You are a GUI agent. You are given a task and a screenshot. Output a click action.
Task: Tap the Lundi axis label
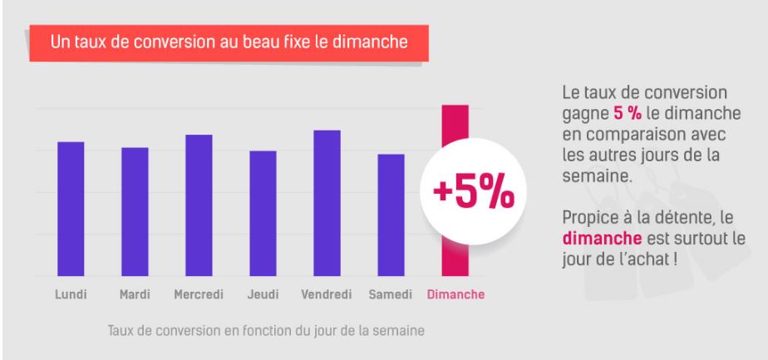pos(71,294)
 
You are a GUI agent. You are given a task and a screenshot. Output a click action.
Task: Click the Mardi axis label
pos(135,294)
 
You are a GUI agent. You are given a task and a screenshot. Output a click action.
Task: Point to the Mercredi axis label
pos(199,294)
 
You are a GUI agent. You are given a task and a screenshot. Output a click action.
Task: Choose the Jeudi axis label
pos(263,294)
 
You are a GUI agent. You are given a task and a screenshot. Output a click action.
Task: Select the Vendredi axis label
pos(327,294)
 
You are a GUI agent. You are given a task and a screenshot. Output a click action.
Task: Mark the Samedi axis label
pos(391,294)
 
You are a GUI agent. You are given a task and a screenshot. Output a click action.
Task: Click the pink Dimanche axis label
pos(455,294)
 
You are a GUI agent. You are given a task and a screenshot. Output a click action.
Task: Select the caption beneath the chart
pos(266,331)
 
